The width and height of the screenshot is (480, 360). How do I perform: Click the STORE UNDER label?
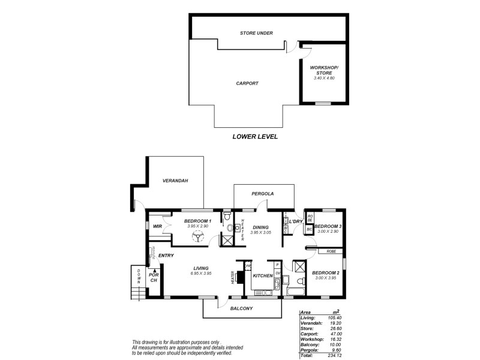[x=257, y=33]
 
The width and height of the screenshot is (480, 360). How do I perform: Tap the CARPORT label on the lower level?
[x=247, y=83]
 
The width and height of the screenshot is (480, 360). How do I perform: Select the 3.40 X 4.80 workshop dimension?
[x=323, y=78]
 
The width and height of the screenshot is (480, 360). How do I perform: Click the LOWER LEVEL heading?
[x=255, y=137]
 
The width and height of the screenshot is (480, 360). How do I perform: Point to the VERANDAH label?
[x=175, y=181]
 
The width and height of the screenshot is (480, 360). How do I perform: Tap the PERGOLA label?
[x=263, y=194]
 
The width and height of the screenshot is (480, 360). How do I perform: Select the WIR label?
[x=158, y=226]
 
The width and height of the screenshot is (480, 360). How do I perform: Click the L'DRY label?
[x=295, y=221]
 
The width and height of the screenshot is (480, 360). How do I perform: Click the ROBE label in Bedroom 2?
[x=331, y=251]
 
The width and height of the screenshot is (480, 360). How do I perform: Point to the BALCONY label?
[x=242, y=308]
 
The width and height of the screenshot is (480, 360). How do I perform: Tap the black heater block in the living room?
[x=240, y=277]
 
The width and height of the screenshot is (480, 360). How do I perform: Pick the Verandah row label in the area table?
[x=311, y=323]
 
